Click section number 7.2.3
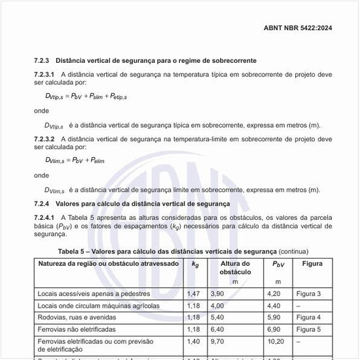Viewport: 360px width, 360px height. coord(43,60)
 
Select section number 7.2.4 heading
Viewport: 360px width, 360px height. coord(43,204)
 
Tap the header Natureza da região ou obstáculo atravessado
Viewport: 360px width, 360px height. coord(108,264)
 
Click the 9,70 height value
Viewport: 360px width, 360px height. coord(217,342)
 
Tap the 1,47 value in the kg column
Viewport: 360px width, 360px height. coord(193,294)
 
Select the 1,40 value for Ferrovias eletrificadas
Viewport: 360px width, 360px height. coord(193,342)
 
